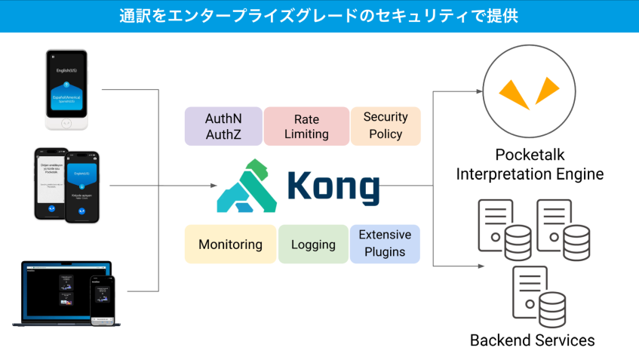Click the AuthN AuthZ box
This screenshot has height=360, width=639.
click(223, 126)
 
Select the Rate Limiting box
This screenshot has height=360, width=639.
click(306, 126)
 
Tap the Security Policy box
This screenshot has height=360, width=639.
click(385, 126)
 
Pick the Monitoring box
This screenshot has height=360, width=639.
click(230, 245)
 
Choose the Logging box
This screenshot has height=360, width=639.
click(312, 245)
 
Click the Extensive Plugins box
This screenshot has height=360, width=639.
click(385, 244)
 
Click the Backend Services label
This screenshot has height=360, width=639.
click(532, 340)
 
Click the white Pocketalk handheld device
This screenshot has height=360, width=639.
click(66, 90)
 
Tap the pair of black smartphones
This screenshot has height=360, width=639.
click(66, 185)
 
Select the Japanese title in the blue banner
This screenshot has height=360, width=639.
click(319, 16)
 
